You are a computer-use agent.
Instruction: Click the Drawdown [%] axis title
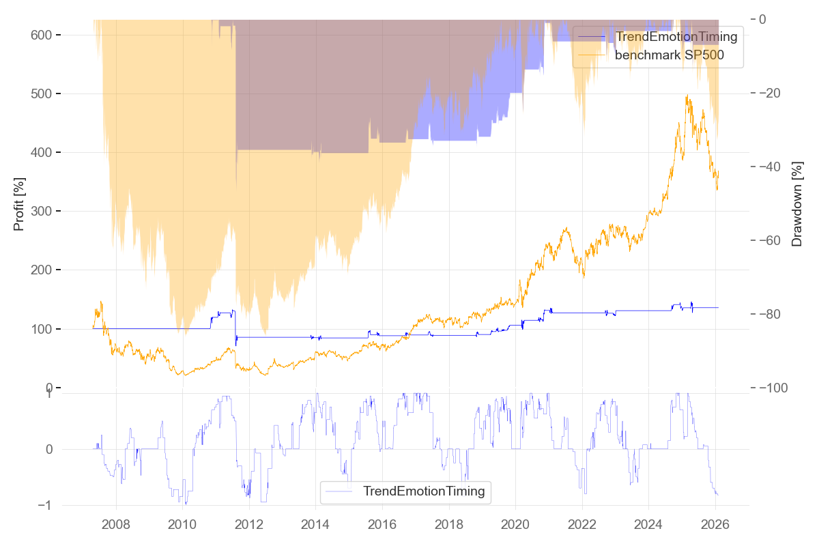click(796, 204)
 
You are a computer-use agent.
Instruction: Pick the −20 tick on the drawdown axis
click(771, 93)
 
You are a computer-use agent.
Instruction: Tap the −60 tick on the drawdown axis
click(771, 240)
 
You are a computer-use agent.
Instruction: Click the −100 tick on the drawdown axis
click(774, 388)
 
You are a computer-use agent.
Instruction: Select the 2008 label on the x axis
click(116, 526)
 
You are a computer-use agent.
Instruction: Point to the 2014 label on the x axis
click(316, 526)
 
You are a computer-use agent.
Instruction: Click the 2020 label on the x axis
click(516, 526)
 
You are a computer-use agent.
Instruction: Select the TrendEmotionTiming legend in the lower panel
click(423, 491)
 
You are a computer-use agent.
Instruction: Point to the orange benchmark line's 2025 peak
click(687, 96)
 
